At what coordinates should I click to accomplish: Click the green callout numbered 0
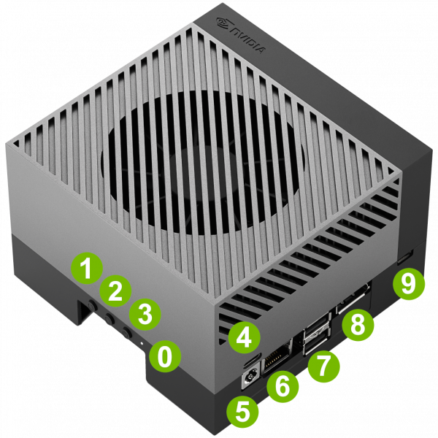(165, 357)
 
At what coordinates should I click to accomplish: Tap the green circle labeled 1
(87, 268)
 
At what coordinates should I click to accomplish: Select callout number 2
(115, 291)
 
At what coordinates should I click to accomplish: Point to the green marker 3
(145, 314)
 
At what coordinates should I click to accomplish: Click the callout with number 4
(245, 337)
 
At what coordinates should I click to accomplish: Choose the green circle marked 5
(242, 412)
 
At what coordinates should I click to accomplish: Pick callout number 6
(283, 387)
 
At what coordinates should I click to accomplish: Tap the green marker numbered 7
(324, 366)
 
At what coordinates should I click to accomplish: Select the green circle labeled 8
(358, 325)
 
